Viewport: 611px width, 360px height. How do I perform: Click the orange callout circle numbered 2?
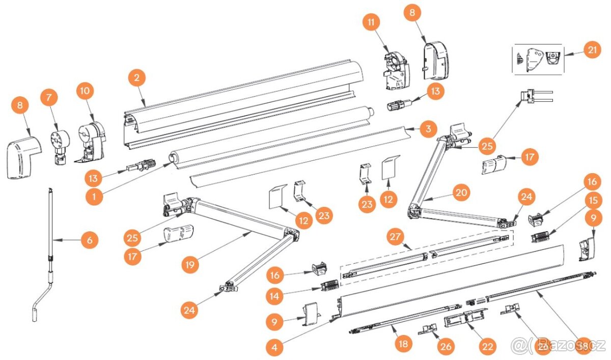tap(136, 78)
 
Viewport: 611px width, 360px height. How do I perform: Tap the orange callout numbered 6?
tap(90, 240)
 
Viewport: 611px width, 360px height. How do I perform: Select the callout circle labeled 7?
tap(49, 97)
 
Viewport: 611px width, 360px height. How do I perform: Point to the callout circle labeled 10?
tap(86, 91)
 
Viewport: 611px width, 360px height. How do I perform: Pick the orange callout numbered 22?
tap(488, 347)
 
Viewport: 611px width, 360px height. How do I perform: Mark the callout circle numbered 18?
tap(404, 344)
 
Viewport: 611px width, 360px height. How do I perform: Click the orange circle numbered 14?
tap(275, 295)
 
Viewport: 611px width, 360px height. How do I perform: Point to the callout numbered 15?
tap(592, 200)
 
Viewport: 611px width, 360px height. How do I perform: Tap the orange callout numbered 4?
tap(275, 347)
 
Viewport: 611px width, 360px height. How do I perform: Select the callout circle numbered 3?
tap(428, 129)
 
